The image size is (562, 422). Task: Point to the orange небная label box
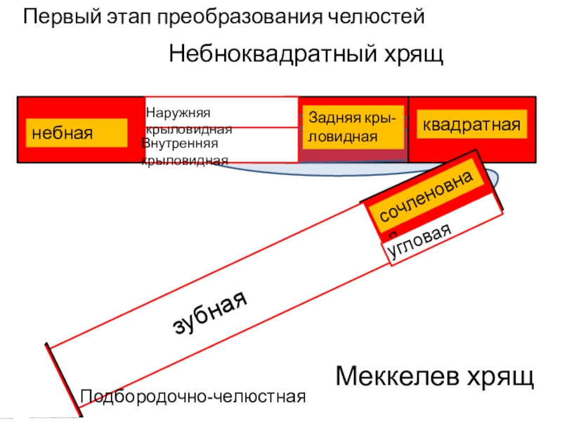(77, 132)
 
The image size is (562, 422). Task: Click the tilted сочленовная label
(431, 198)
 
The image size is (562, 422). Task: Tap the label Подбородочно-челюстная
(193, 397)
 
